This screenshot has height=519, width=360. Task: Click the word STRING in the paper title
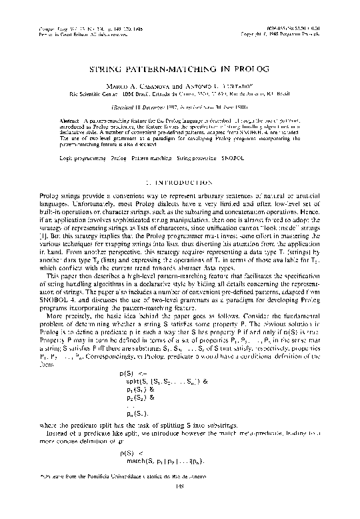pos(108,69)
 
